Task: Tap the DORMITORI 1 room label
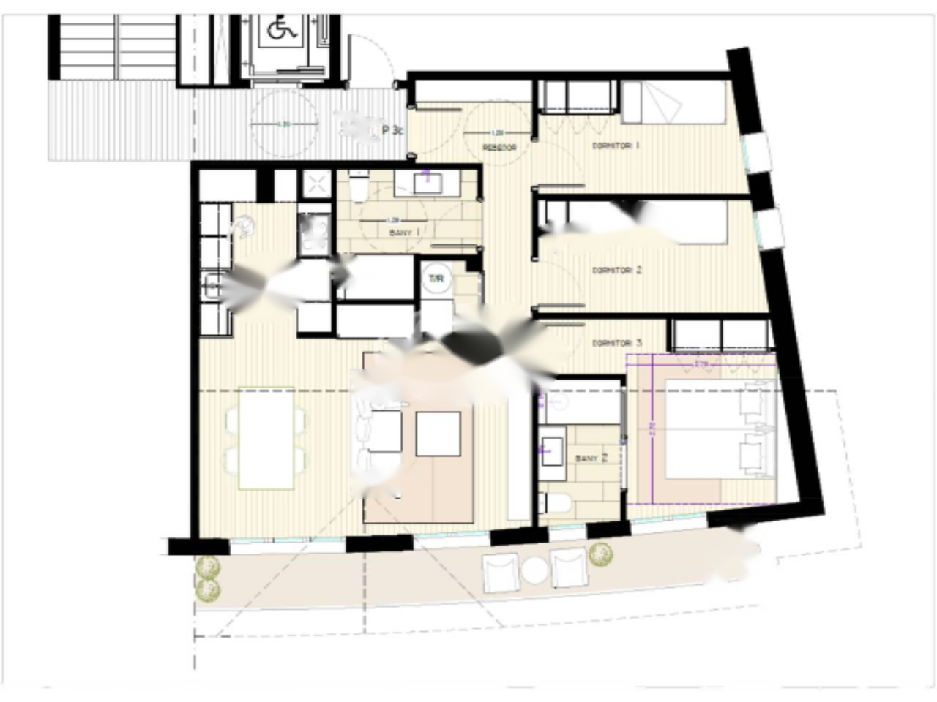tap(616, 146)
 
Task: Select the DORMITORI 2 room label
tap(616, 271)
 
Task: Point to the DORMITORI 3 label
tap(617, 343)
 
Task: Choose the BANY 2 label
tap(591, 458)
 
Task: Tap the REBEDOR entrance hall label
tap(499, 147)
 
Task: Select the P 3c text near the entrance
tap(393, 131)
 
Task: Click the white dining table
tap(266, 438)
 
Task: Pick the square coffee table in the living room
tap(438, 434)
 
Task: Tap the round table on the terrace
tap(535, 570)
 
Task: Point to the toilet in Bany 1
tap(359, 188)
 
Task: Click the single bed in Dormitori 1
tap(673, 103)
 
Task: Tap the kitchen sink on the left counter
tap(211, 285)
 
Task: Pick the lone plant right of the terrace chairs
tap(601, 555)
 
